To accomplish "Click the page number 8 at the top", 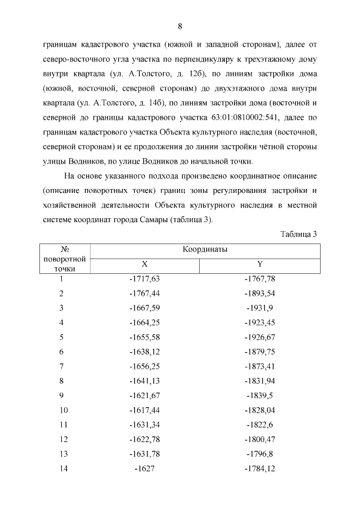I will [x=179, y=26].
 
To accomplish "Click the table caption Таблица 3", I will [x=299, y=234].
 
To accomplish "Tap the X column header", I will [x=145, y=264].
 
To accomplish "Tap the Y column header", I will [x=259, y=264].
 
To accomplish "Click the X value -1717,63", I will [x=145, y=278].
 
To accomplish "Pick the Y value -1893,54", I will [x=259, y=293].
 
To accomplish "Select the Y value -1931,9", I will [x=259, y=308].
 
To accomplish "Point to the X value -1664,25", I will [x=145, y=322].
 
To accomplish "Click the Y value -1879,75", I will [x=259, y=352].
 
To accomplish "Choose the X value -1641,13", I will [x=145, y=381].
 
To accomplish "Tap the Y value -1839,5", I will [x=259, y=395].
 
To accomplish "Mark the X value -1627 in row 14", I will [x=145, y=469].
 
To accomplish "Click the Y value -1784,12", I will [x=259, y=469].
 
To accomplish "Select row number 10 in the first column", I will [x=64, y=410].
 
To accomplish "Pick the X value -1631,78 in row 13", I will [x=145, y=454].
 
